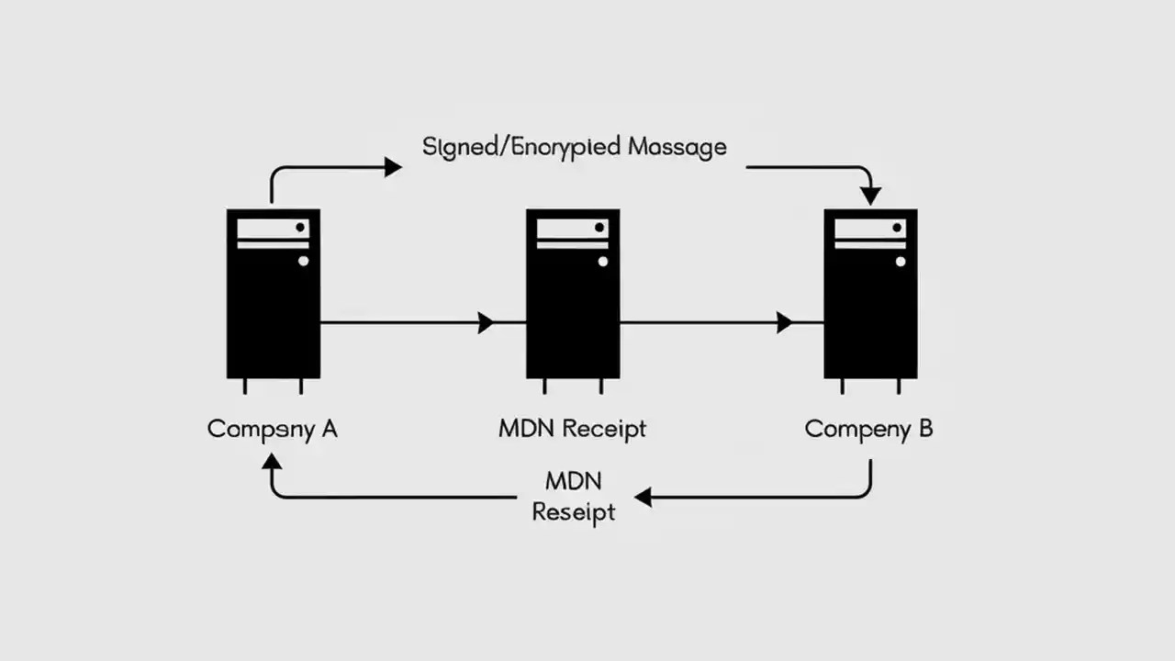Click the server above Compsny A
point(274,294)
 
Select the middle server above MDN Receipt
point(573,294)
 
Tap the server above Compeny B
point(870,294)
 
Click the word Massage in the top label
point(677,147)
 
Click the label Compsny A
point(273,429)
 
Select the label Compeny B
point(868,429)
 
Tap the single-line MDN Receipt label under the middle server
point(573,429)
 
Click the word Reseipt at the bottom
point(574,512)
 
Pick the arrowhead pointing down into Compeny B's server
point(870,196)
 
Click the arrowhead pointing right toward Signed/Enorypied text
point(392,167)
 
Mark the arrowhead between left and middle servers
point(486,322)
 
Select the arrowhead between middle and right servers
point(784,322)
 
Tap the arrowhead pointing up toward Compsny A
point(272,462)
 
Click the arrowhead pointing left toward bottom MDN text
point(643,498)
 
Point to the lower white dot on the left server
point(303,261)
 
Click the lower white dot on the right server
point(900,261)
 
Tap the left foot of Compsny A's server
point(245,387)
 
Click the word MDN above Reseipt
point(573,481)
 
